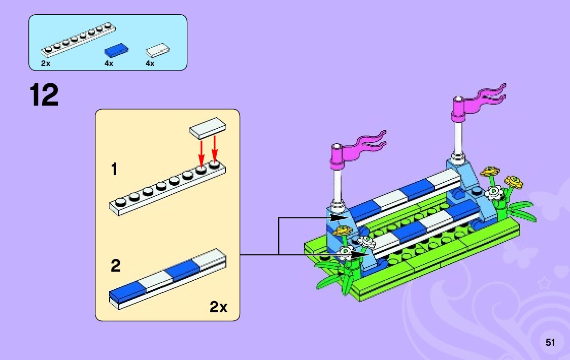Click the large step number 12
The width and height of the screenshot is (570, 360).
(x=44, y=95)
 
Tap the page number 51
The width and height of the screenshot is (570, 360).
(x=550, y=342)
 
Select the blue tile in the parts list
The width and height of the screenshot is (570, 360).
(x=116, y=49)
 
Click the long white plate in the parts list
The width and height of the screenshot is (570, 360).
(x=78, y=39)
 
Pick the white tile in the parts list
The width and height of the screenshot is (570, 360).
(x=157, y=49)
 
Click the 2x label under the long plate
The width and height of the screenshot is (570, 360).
(x=46, y=63)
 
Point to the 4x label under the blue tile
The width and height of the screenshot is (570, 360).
(x=109, y=63)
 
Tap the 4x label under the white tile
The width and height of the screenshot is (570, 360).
(x=150, y=63)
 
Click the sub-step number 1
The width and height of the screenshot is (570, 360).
(x=115, y=169)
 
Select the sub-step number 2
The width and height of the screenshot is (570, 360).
(x=116, y=266)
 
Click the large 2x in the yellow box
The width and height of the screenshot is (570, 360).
(x=218, y=307)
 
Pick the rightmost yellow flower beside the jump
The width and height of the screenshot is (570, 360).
(x=514, y=182)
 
